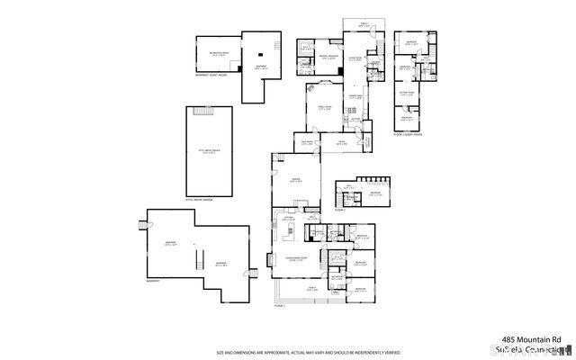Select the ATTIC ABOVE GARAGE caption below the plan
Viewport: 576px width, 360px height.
pyautogui.click(x=199, y=199)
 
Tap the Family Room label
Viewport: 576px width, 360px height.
pyautogui.click(x=321, y=106)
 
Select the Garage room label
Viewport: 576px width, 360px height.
pyautogui.click(x=295, y=180)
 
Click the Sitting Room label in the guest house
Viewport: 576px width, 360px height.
pyautogui.click(x=407, y=93)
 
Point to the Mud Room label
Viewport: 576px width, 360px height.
pyautogui.click(x=305, y=142)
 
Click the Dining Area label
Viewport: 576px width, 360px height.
pyautogui.click(x=355, y=94)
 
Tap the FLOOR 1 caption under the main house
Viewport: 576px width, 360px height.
pyautogui.click(x=278, y=306)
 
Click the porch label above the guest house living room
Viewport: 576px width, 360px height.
pyautogui.click(x=364, y=23)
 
